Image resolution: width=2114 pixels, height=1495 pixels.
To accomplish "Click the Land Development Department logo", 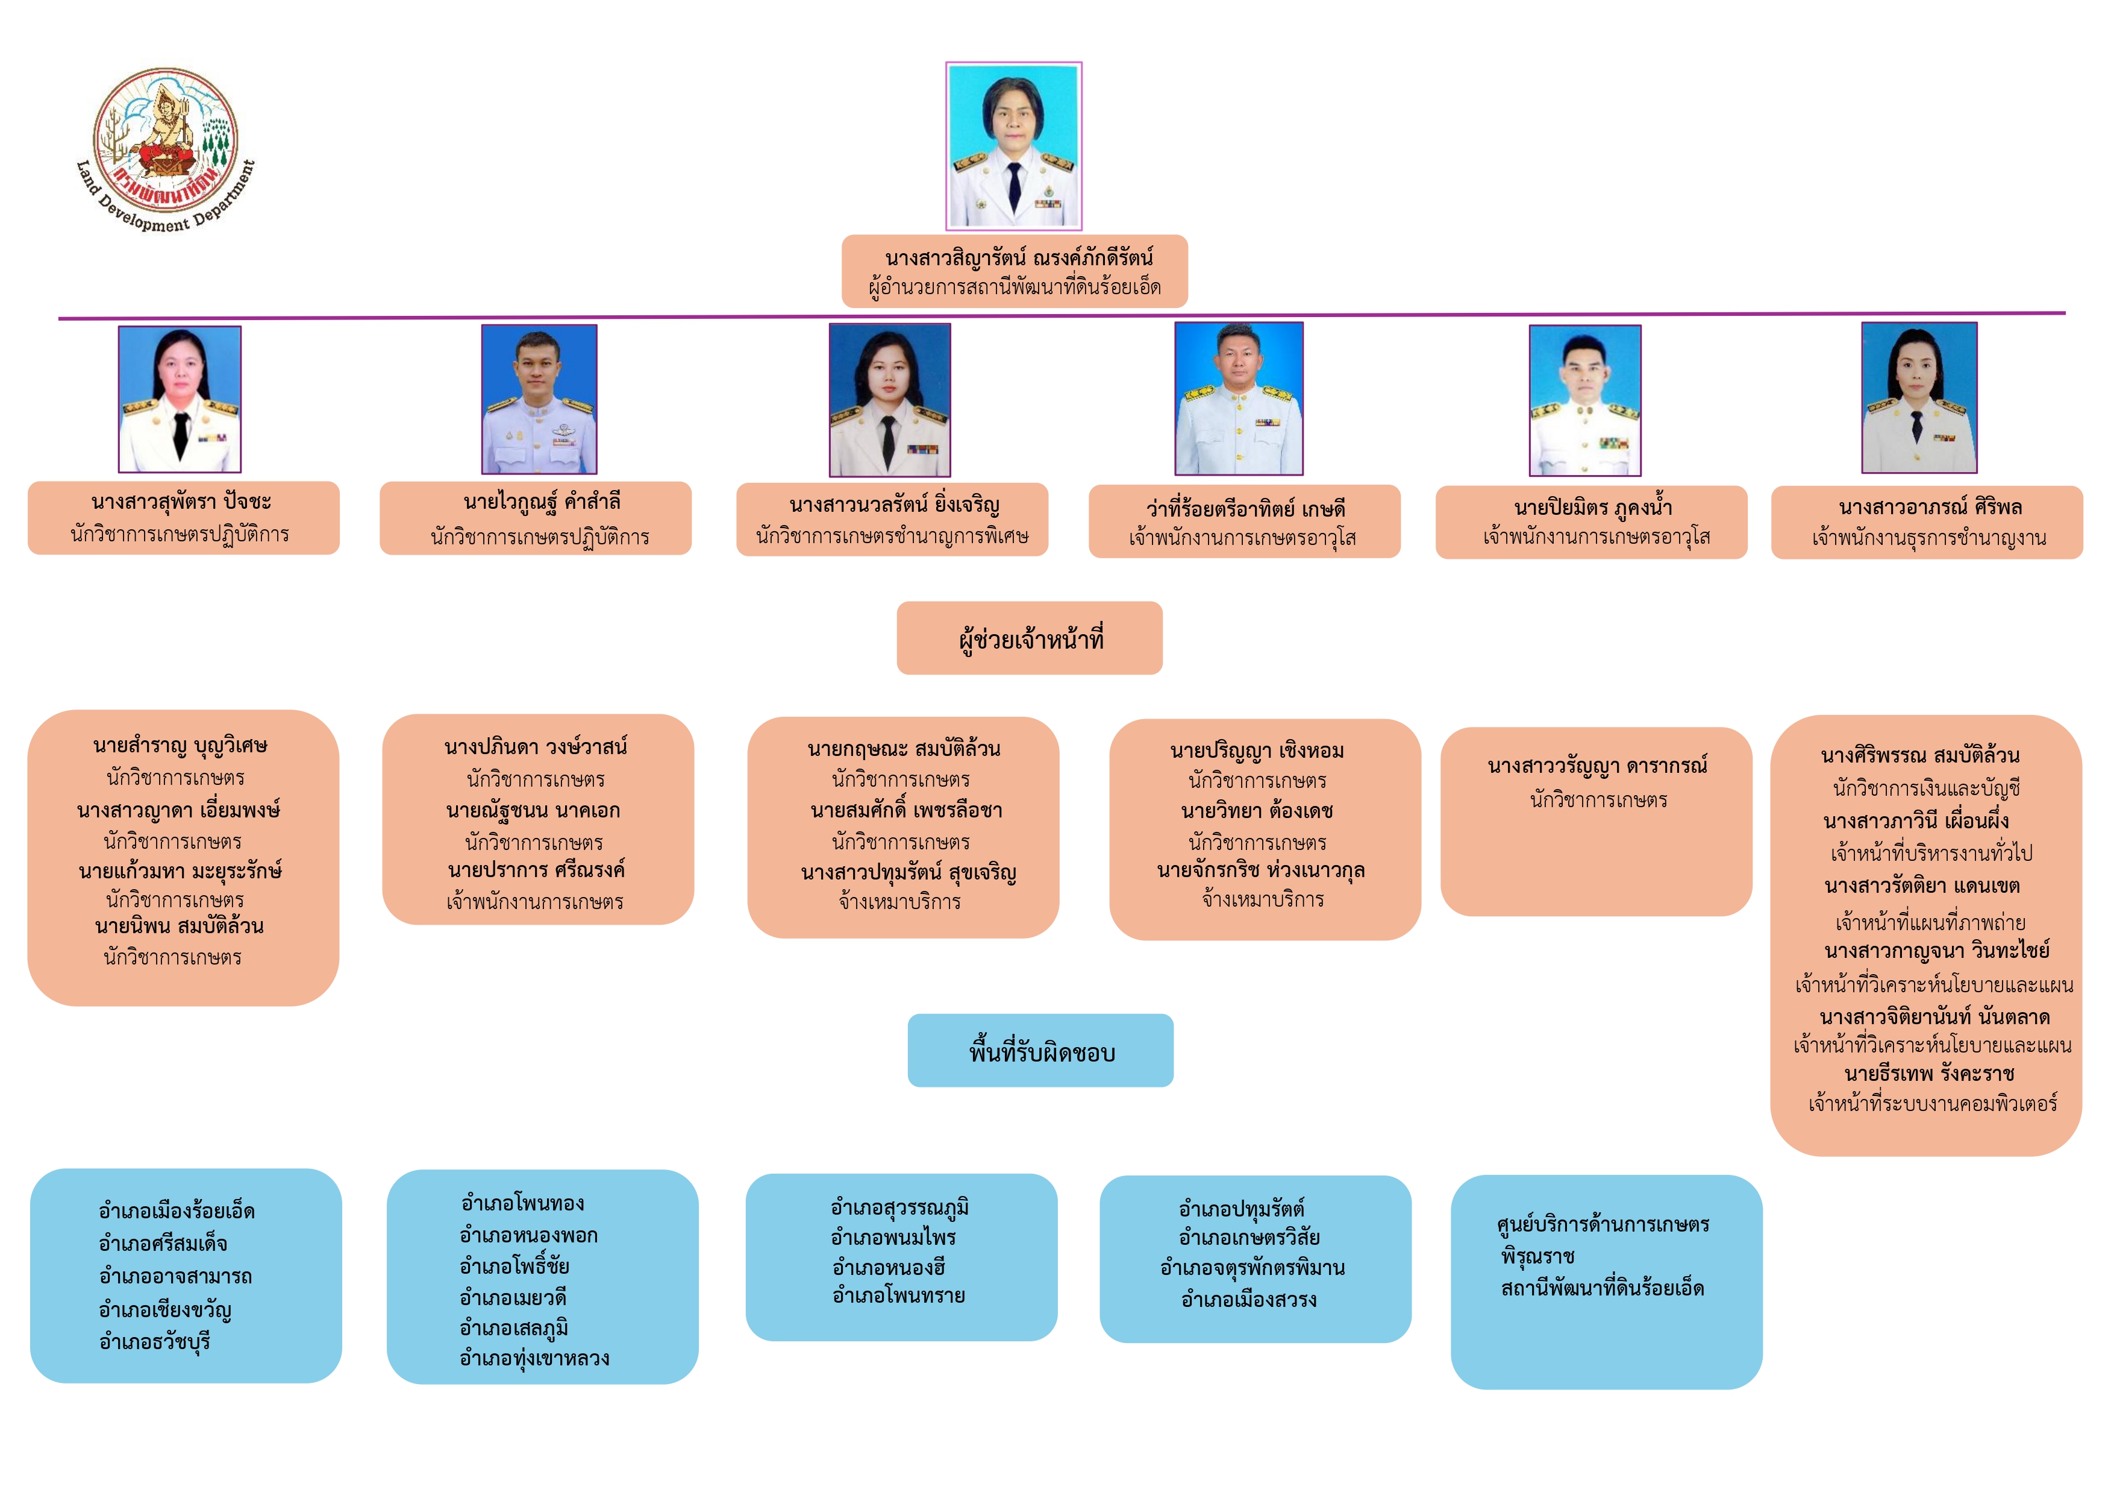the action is (x=166, y=150).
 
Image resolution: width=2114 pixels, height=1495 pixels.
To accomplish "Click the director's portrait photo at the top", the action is (x=1014, y=145).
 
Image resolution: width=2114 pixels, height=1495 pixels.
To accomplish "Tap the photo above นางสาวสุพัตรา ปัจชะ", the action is (x=180, y=399).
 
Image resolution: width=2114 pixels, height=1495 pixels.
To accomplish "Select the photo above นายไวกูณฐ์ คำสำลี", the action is (x=540, y=399).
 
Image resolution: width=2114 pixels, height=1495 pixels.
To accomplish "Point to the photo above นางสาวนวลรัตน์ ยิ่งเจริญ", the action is (x=889, y=400).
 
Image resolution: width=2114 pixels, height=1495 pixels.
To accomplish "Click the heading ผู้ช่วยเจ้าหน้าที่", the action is (x=1030, y=639).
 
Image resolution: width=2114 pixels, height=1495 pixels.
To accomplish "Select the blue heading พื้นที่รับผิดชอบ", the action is (x=1042, y=1052).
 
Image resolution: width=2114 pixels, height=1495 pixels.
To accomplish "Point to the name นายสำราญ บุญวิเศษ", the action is (x=181, y=745).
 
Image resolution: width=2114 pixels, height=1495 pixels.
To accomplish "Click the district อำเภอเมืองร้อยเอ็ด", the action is (x=177, y=1211).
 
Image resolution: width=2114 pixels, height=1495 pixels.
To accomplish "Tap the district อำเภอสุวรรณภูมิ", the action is (x=899, y=1207).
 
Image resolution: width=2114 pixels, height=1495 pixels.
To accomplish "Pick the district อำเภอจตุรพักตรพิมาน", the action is (x=1252, y=1268).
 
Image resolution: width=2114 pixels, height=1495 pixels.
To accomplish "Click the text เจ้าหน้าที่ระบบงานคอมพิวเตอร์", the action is (x=1933, y=1104).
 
